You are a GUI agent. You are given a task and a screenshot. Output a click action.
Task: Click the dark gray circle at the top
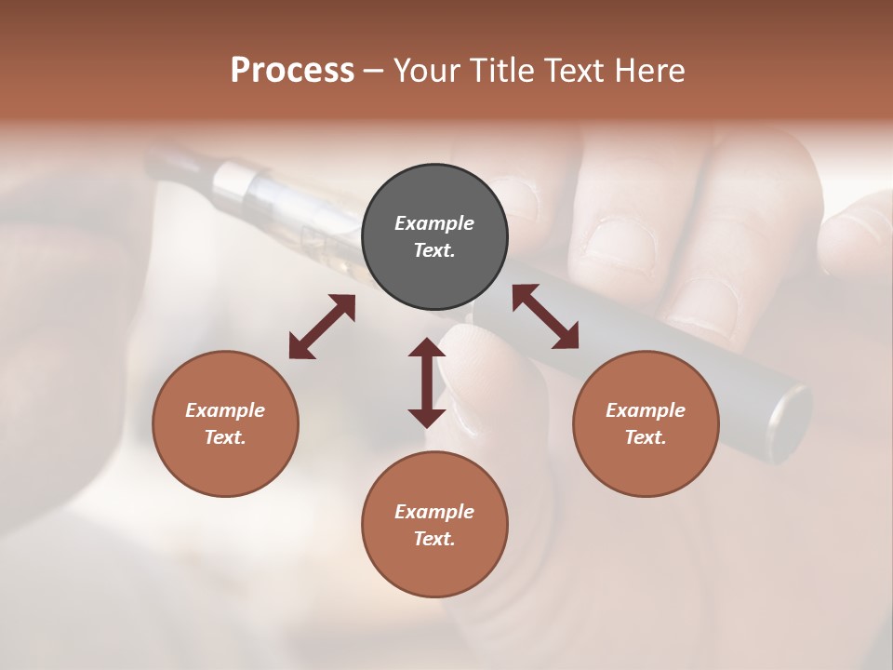pos(434,237)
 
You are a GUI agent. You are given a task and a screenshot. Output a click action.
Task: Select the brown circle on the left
pos(225,423)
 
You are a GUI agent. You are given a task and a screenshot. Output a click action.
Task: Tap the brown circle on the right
pos(646,423)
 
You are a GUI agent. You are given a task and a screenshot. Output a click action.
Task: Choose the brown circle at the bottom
pos(434,525)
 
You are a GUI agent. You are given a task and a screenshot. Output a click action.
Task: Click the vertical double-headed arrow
pos(427,382)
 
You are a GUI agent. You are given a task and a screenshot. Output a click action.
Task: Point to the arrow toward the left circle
pos(322,327)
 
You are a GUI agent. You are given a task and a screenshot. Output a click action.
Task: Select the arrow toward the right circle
pos(545,316)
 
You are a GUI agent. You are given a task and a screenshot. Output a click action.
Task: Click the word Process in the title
pos(292,70)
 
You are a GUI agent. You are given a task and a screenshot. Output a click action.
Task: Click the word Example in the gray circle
pos(434,223)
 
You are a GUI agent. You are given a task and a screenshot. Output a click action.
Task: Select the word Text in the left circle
pos(225,437)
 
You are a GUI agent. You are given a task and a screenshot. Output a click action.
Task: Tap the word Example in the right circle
pos(646,410)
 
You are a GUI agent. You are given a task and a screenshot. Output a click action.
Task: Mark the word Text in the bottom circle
pos(434,539)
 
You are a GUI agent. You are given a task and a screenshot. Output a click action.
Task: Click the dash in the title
pos(374,70)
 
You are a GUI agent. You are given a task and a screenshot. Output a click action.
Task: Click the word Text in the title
pos(577,70)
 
